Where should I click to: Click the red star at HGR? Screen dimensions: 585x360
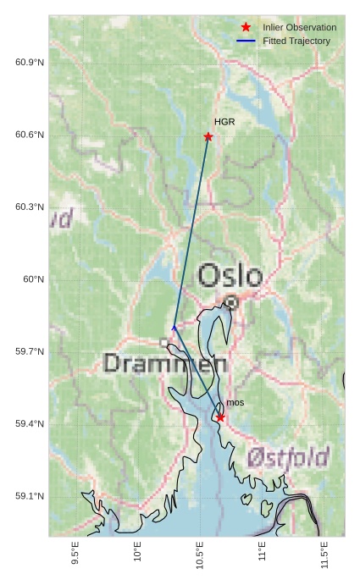[x=208, y=136]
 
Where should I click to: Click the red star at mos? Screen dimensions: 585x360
[x=220, y=417]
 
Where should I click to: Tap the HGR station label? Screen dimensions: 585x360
[x=224, y=122]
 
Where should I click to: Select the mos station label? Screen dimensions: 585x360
[x=235, y=402]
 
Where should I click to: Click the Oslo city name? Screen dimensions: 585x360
[x=230, y=275]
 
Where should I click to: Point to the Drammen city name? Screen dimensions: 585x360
[x=165, y=364]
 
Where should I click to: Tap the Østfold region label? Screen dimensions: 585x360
[x=289, y=458]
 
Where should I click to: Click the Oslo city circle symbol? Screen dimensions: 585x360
[x=231, y=301]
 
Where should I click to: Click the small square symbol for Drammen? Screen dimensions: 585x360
[x=163, y=342]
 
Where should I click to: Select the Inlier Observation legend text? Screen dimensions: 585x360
[x=299, y=27]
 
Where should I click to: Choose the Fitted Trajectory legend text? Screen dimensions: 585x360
[x=296, y=41]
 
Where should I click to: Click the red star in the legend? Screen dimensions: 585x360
[x=246, y=27]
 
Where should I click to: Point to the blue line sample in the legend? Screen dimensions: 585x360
[x=246, y=41]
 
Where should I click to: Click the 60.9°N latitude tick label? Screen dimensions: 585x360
[x=30, y=63]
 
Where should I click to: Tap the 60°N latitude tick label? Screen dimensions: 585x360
[x=34, y=279]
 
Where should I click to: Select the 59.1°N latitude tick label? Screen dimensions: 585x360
[x=30, y=496]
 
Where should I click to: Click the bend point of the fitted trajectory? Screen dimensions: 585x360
[x=174, y=327]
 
